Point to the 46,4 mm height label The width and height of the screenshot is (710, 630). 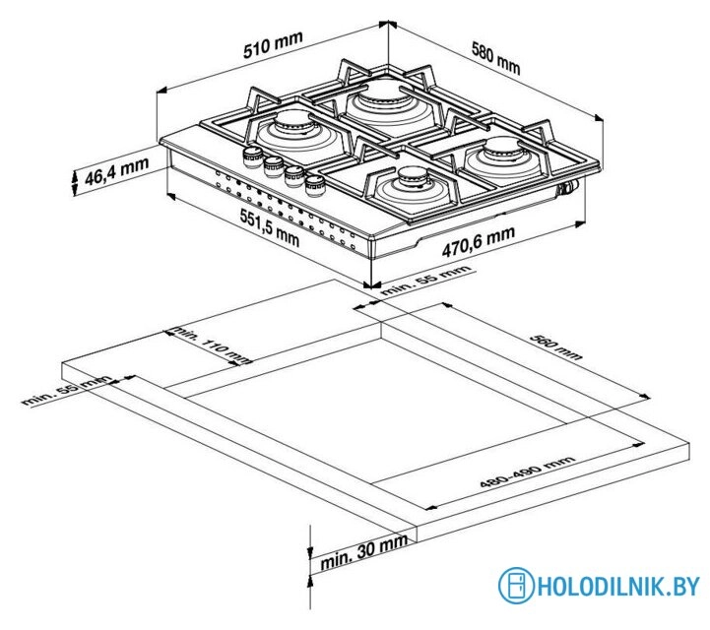point(115,177)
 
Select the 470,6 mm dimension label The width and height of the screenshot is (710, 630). point(478,242)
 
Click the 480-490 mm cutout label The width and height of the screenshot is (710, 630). point(527,476)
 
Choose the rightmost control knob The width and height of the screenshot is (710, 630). point(314,183)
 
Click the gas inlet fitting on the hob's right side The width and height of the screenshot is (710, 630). point(568,188)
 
